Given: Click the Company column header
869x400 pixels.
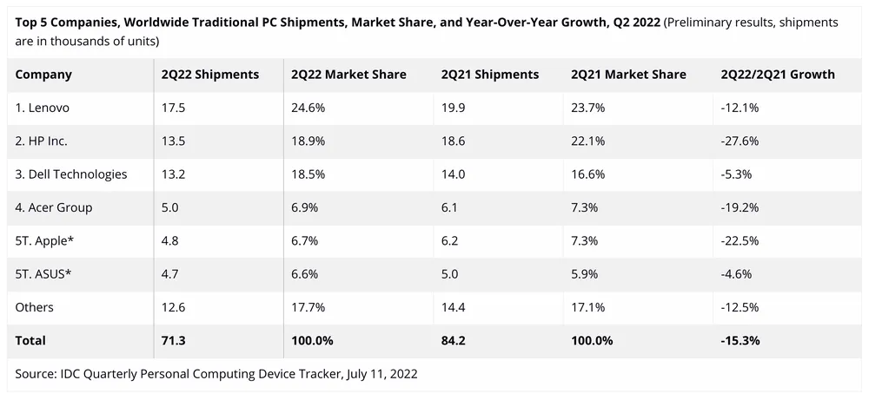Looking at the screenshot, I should tap(43, 75).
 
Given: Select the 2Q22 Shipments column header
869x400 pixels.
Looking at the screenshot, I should tap(209, 75).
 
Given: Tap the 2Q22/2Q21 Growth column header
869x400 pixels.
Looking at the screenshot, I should tap(778, 75).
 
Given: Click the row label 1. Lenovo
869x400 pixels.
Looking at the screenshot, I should tap(42, 108).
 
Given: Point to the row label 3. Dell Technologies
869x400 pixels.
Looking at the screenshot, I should tap(71, 174).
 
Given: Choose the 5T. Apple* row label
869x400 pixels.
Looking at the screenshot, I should tap(43, 241).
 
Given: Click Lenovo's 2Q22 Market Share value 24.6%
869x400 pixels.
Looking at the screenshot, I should tap(309, 108).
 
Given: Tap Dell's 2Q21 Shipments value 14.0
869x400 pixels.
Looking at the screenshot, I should tap(454, 174).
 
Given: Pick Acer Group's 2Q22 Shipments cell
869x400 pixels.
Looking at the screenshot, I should tap(171, 208).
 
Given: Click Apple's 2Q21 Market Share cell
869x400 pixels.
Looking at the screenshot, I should tap(588, 241).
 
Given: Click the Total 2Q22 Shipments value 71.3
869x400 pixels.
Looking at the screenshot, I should tap(173, 341).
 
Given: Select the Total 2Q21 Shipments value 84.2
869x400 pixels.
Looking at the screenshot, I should tap(454, 341).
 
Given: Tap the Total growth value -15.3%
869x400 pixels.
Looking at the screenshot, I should tap(740, 341).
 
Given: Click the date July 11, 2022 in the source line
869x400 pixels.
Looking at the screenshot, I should tap(379, 374).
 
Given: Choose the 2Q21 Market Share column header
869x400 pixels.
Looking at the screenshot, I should tap(628, 75).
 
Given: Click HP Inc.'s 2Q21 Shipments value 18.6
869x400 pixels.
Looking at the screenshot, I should tap(454, 141).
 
